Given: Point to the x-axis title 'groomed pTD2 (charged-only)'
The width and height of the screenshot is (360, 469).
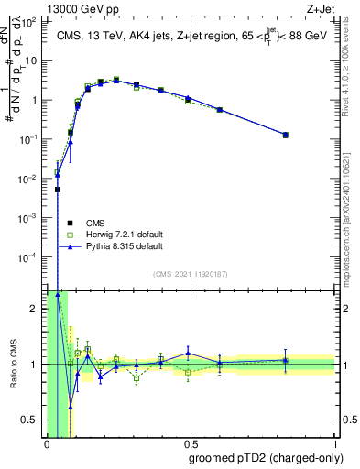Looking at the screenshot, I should click(x=266, y=458).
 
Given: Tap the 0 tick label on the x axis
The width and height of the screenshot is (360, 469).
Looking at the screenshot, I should click(x=47, y=444).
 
